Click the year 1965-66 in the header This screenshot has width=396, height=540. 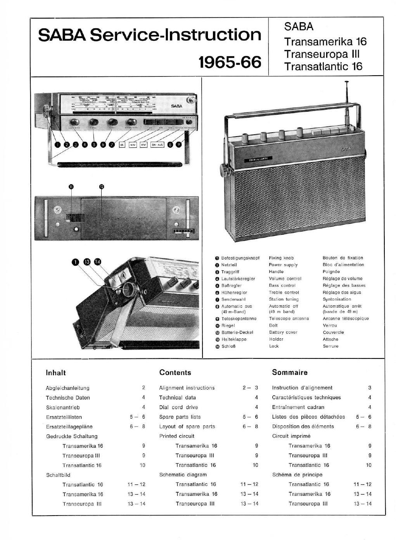(230, 62)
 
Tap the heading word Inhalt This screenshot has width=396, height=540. (56, 373)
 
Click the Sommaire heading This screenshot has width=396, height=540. (290, 372)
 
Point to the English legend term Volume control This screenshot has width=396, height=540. (285, 279)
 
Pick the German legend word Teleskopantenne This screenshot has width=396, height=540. (239, 318)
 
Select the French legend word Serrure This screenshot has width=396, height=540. (330, 346)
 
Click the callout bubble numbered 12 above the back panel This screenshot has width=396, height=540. (101, 187)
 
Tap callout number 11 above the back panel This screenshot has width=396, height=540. (71, 187)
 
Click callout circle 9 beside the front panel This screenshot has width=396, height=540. (178, 144)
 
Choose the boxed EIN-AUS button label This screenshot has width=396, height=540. (157, 144)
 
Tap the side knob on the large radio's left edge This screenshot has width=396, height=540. (224, 169)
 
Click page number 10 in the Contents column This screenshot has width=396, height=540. (255, 465)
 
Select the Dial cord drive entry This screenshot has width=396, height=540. (178, 407)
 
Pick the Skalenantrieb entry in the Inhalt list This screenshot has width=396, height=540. (63, 407)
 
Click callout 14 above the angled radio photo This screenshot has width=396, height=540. (97, 261)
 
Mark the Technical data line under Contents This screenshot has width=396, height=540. (177, 398)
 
